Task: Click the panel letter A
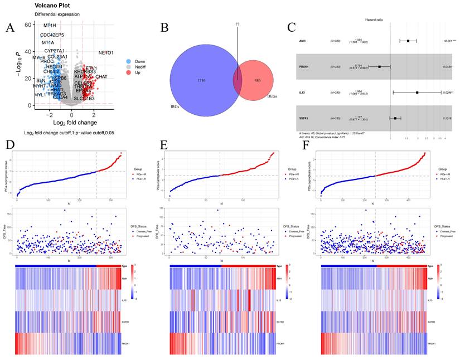tap(11, 28)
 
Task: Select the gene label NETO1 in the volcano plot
tap(105, 53)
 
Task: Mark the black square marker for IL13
tap(417, 92)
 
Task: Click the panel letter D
tap(9, 147)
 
